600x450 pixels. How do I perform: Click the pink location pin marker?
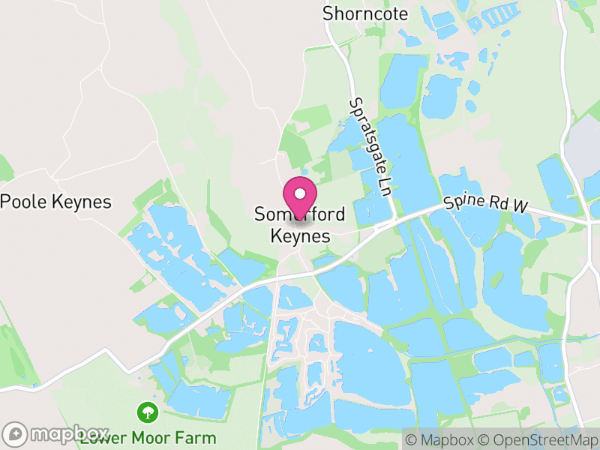click(x=300, y=196)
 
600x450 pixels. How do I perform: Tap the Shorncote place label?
click(x=365, y=13)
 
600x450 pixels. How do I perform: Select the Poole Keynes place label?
click(x=56, y=202)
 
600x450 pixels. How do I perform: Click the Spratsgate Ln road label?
click(x=370, y=145)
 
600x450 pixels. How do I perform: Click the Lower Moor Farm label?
click(x=148, y=437)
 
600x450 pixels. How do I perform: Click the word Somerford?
click(x=300, y=214)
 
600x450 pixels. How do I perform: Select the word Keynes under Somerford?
click(x=300, y=235)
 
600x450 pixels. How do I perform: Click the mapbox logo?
click(x=56, y=434)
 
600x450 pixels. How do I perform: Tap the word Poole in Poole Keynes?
click(x=25, y=202)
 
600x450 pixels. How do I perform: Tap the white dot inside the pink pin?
click(x=300, y=193)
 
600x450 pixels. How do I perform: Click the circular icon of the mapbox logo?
click(x=15, y=434)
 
